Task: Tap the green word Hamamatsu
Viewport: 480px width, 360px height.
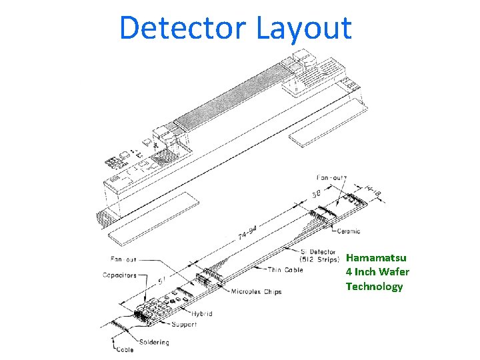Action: [376, 257]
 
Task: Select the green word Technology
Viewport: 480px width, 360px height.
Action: [374, 287]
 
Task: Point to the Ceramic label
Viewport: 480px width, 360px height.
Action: [349, 231]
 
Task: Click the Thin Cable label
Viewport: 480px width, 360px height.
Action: [285, 269]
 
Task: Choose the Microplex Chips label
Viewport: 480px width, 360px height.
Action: [256, 292]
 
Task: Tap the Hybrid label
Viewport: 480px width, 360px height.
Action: [201, 313]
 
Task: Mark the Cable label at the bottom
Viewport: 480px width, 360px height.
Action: [124, 349]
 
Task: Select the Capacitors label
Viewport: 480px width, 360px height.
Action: [121, 274]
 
